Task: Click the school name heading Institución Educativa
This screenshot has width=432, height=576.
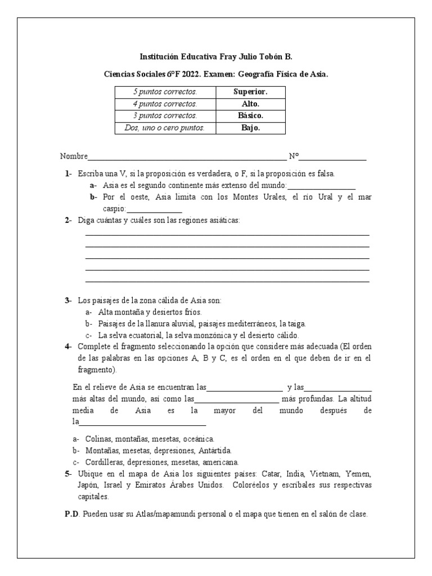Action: coord(216,57)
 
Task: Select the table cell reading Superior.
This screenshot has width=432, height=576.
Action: coord(250,92)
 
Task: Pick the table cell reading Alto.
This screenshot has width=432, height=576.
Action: coord(250,104)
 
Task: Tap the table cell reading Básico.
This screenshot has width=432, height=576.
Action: coord(250,116)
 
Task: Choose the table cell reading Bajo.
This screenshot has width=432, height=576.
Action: coord(250,128)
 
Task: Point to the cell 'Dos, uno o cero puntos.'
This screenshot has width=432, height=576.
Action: coord(165,128)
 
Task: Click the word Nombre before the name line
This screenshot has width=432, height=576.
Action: coord(73,156)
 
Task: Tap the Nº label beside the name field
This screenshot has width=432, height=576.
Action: coord(294,156)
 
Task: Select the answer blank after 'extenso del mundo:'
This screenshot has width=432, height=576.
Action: coord(321,186)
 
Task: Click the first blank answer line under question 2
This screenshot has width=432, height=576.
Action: coord(227,235)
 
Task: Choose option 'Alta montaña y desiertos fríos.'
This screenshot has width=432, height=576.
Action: coord(150,312)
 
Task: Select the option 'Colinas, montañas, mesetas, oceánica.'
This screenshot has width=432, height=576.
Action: coord(150,439)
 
